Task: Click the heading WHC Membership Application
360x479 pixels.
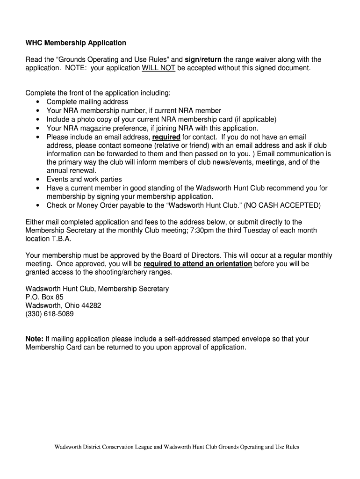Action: point(76,43)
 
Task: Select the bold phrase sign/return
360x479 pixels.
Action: point(203,59)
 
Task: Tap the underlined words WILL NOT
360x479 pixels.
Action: point(158,68)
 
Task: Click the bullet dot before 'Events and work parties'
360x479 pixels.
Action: point(37,179)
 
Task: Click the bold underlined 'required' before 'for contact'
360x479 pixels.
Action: point(166,137)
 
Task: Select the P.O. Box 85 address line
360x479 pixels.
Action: point(44,297)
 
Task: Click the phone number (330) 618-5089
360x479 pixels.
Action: point(49,314)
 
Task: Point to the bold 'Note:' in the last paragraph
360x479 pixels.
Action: point(34,339)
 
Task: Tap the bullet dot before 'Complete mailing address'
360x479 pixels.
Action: point(37,102)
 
